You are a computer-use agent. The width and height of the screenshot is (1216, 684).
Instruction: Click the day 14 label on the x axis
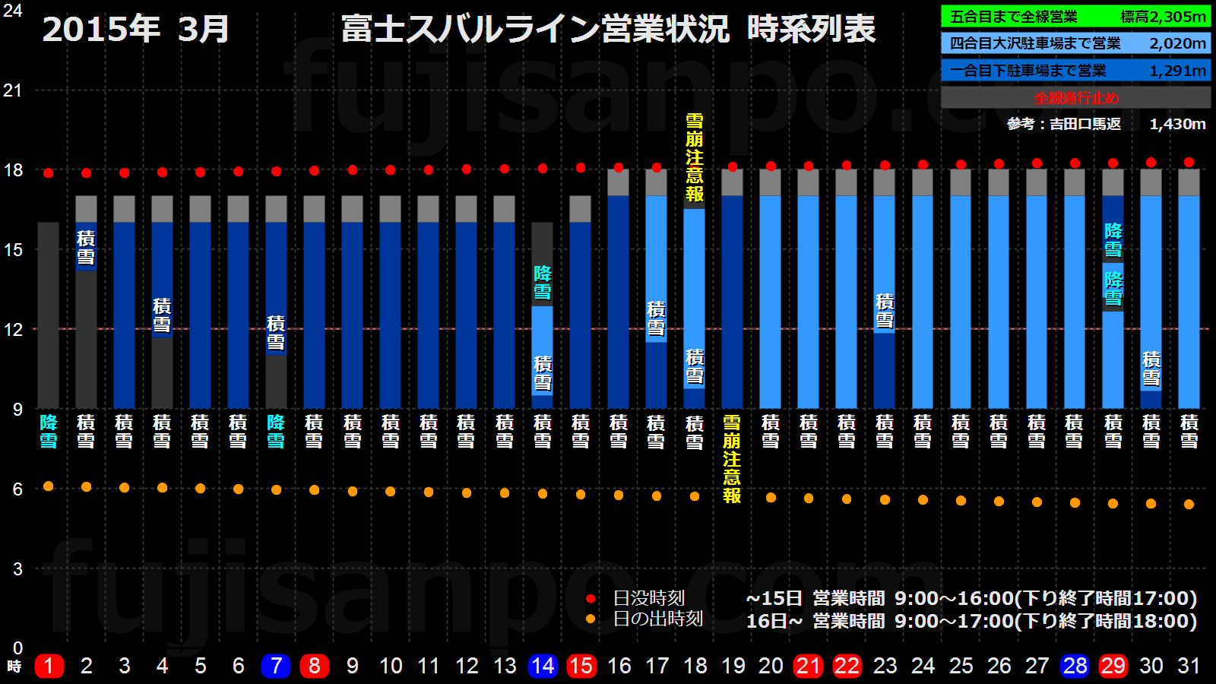pyautogui.click(x=543, y=666)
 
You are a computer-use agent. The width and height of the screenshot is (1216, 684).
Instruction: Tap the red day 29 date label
pyautogui.click(x=1113, y=666)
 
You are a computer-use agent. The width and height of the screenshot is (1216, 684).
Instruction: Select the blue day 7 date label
pyautogui.click(x=276, y=666)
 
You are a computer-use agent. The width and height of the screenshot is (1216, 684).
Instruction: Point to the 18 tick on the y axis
pyautogui.click(x=13, y=170)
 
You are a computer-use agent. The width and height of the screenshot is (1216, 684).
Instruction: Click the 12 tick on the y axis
pyautogui.click(x=13, y=329)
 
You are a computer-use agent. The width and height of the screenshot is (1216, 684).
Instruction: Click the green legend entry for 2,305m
pyautogui.click(x=1075, y=17)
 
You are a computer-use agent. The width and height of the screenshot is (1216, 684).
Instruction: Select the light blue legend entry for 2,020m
pyautogui.click(x=1075, y=43)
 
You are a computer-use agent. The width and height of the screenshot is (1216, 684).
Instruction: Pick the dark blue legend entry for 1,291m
pyautogui.click(x=1075, y=71)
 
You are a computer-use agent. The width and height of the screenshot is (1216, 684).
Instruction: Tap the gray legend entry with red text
pyautogui.click(x=1075, y=97)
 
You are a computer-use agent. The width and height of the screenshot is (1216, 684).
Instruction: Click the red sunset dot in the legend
pyautogui.click(x=591, y=599)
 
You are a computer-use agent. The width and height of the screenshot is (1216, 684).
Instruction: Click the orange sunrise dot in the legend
pyautogui.click(x=591, y=619)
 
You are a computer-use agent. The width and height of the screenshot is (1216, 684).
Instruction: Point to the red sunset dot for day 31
pyautogui.click(x=1189, y=162)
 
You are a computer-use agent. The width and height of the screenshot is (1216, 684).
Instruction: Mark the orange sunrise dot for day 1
pyautogui.click(x=48, y=486)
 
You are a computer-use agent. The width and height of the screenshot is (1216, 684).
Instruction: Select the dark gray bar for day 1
pyautogui.click(x=48, y=315)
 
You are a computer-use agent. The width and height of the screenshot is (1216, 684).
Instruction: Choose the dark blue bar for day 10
pyautogui.click(x=390, y=315)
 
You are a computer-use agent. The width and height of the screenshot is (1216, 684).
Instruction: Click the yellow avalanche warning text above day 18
pyautogui.click(x=694, y=157)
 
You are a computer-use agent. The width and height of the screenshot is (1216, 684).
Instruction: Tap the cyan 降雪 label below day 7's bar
pyautogui.click(x=276, y=431)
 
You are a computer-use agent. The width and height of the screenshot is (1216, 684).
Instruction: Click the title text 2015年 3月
pyautogui.click(x=135, y=29)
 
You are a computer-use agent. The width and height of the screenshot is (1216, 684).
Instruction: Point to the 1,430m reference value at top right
pyautogui.click(x=1177, y=124)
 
